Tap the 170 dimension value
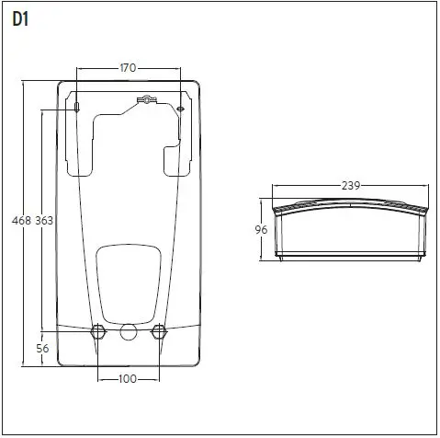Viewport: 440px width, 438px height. [130, 67]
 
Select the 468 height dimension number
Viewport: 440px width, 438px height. [19, 220]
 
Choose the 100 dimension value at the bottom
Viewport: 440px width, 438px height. [128, 379]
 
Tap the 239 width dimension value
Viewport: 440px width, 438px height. [350, 185]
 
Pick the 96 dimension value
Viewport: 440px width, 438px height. [260, 231]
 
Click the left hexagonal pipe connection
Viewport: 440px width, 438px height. [96, 331]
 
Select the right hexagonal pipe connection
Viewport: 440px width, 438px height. [159, 331]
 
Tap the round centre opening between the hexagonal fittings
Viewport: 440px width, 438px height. [128, 331]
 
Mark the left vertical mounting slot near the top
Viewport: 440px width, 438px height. [78, 108]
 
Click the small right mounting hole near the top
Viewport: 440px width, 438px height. [181, 108]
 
